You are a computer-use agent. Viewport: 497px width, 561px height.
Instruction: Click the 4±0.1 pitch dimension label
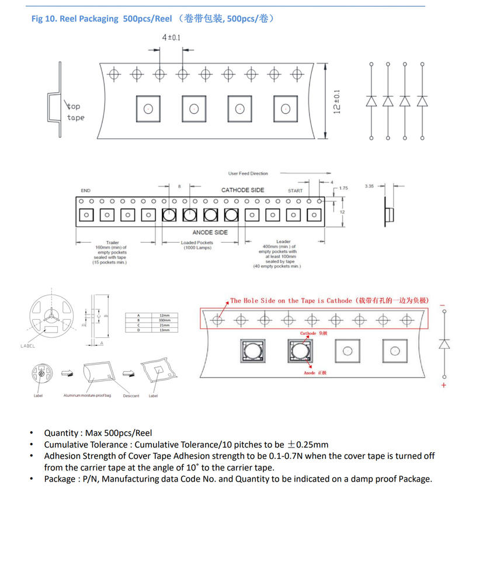(x=171, y=38)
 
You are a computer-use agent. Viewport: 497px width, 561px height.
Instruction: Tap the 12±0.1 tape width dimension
(x=337, y=102)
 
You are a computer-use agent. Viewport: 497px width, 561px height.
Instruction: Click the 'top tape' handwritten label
(x=75, y=112)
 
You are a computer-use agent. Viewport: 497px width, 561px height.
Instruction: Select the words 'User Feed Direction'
(x=248, y=174)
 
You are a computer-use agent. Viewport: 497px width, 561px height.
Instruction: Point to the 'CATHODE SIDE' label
(x=242, y=190)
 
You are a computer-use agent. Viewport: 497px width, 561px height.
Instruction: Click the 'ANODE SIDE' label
(x=210, y=232)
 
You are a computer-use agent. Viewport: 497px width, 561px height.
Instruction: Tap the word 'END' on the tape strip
(x=85, y=191)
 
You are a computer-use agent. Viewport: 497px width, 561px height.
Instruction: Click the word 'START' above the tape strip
(x=296, y=191)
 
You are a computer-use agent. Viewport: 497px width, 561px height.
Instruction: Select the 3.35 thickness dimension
(x=369, y=186)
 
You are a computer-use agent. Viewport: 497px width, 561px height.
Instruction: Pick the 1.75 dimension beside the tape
(x=343, y=188)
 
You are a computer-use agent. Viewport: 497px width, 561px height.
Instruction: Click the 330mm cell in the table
(x=164, y=320)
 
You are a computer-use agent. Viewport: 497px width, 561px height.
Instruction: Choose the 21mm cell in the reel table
(x=164, y=325)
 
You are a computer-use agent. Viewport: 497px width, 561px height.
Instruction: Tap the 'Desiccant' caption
(x=131, y=396)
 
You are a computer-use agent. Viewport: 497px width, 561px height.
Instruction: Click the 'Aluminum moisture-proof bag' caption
(x=87, y=396)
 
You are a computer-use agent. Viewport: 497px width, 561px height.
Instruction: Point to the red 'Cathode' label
(x=308, y=333)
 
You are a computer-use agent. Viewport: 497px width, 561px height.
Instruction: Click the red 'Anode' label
(x=310, y=373)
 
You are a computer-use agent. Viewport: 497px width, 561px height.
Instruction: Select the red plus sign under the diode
(x=444, y=386)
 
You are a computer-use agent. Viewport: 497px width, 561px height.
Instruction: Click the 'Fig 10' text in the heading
(x=43, y=19)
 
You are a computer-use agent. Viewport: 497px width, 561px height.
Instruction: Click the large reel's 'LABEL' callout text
(x=27, y=346)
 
